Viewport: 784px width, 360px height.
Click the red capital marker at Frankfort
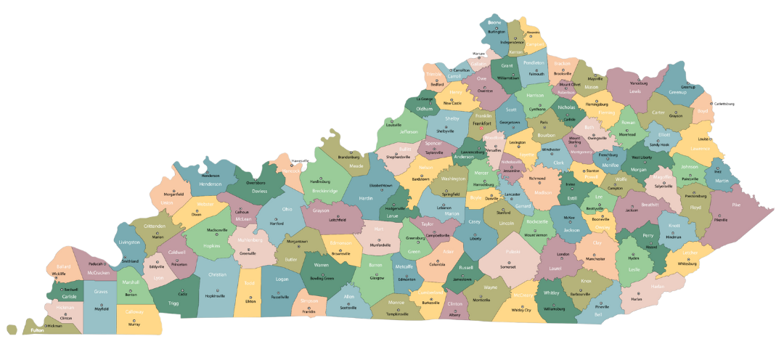pyautogui.click(x=491, y=129)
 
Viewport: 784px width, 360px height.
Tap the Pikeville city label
pyautogui.click(x=720, y=218)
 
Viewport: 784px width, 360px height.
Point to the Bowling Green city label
pyautogui.click(x=322, y=278)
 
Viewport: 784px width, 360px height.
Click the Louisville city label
pyautogui.click(x=394, y=125)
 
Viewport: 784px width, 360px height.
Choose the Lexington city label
pyautogui.click(x=517, y=143)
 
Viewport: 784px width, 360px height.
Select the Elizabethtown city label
pyautogui.click(x=381, y=185)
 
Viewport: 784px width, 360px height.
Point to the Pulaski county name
pyautogui.click(x=513, y=251)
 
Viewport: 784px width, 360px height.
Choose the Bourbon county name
pyautogui.click(x=546, y=135)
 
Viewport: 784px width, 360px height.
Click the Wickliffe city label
pyautogui.click(x=60, y=274)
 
